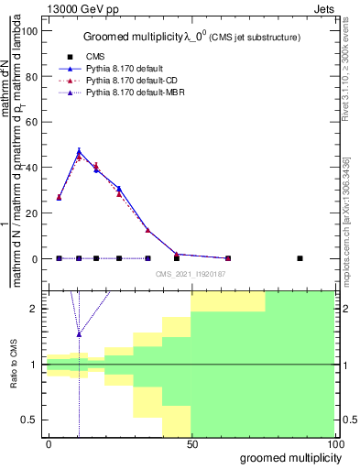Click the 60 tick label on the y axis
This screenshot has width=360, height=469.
[34, 122]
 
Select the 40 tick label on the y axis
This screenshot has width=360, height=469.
[34, 168]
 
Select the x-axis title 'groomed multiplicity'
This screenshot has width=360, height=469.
[288, 457]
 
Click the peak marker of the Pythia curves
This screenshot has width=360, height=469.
[79, 151]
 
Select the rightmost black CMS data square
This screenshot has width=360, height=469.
[300, 258]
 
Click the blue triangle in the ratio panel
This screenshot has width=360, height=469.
[79, 334]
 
